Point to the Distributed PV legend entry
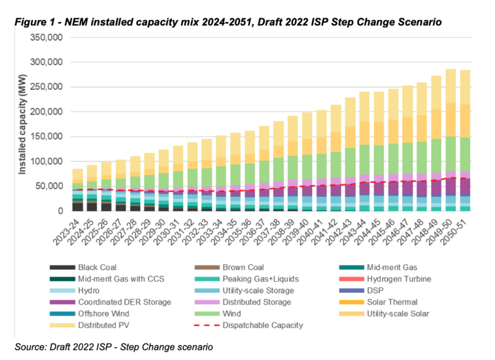click(x=102, y=325)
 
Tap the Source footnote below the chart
click(x=114, y=346)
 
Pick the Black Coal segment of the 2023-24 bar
click(x=77, y=206)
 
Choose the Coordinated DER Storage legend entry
click(x=124, y=302)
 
